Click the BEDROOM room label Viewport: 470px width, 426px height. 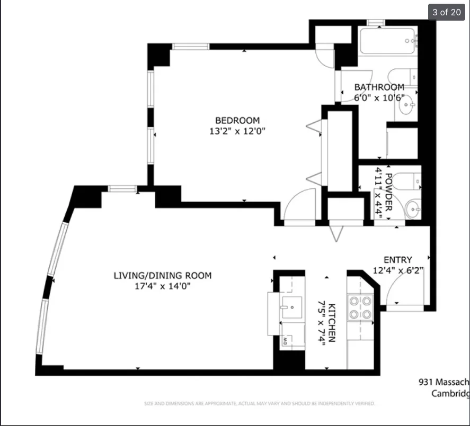coord(237,120)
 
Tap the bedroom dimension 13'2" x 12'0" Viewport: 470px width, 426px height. coord(237,131)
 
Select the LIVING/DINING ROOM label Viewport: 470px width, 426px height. coord(163,275)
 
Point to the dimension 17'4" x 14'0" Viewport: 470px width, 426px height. coord(163,286)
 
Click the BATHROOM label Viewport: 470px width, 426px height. coord(379,87)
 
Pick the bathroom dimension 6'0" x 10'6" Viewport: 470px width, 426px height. coord(379,97)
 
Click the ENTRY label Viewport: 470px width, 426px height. coord(397,260)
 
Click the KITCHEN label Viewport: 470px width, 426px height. coord(332,323)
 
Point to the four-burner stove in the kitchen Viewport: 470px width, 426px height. coord(360,307)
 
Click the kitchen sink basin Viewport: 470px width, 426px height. coord(291,307)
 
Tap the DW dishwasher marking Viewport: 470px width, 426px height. coord(285,341)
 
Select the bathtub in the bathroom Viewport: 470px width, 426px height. coord(387,40)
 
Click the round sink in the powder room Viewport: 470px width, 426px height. coord(413,209)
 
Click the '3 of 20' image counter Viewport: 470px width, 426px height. coord(447,12)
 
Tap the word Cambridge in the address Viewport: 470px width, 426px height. coord(450,393)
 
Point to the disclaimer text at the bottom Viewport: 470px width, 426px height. coord(260,404)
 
